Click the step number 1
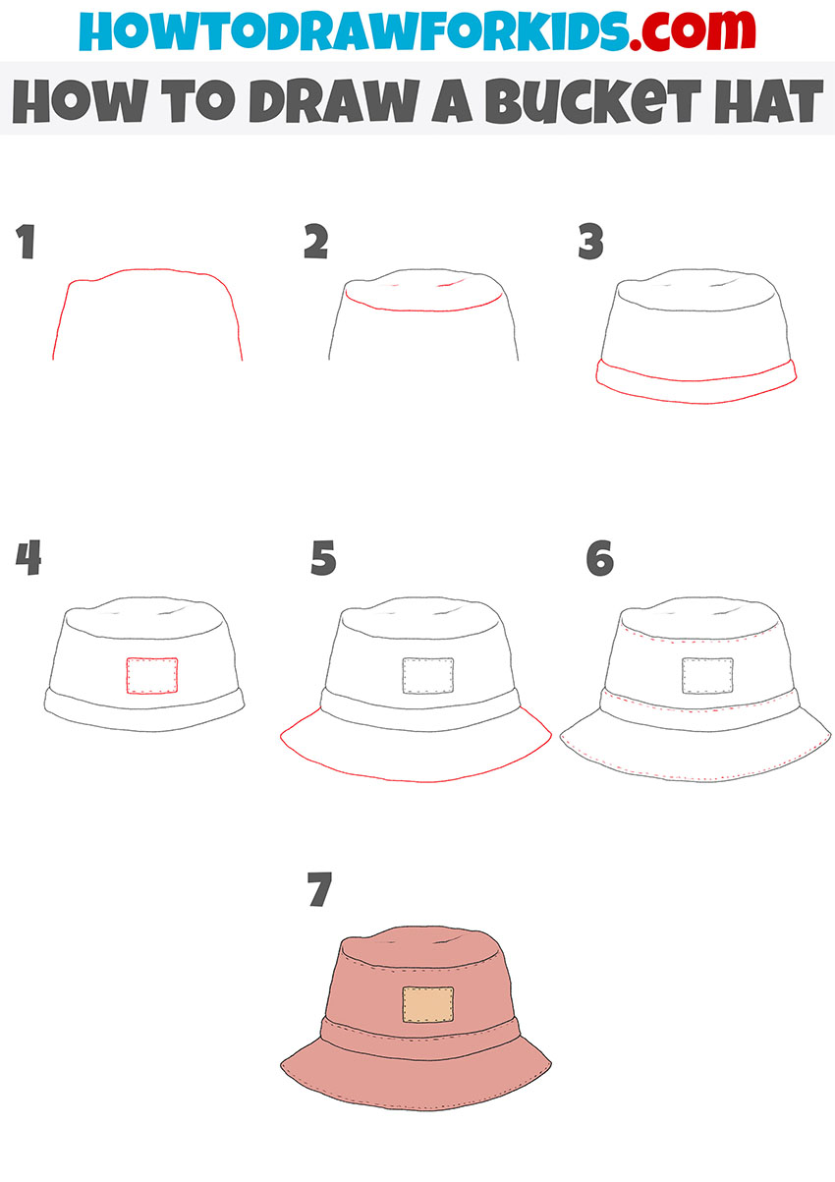(x=26, y=243)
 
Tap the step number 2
(x=315, y=243)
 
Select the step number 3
(x=590, y=243)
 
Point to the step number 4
(x=28, y=559)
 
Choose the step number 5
(x=323, y=559)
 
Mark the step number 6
(x=599, y=559)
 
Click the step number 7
(x=319, y=891)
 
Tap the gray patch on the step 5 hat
(x=427, y=676)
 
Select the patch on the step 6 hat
(x=707, y=676)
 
